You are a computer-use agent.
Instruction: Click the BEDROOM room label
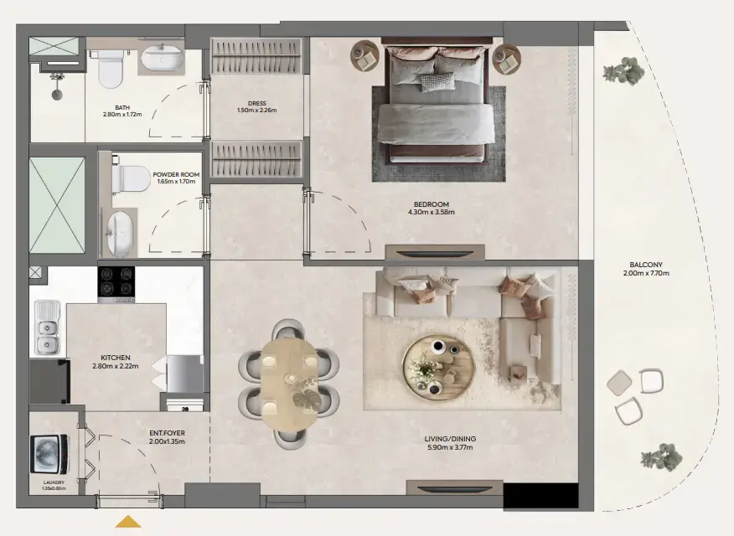pyautogui.click(x=432, y=205)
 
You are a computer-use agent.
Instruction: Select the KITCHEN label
pyautogui.click(x=116, y=358)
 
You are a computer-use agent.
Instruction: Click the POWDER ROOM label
pyautogui.click(x=176, y=174)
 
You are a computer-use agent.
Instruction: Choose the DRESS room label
pyautogui.click(x=256, y=103)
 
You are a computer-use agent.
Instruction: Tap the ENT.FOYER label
pyautogui.click(x=166, y=433)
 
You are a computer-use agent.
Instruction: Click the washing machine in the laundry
pyautogui.click(x=46, y=455)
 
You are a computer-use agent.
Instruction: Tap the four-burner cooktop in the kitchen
pyautogui.click(x=116, y=283)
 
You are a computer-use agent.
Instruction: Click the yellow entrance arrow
pyautogui.click(x=128, y=523)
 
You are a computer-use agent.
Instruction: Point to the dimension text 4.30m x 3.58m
pyautogui.click(x=432, y=213)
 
